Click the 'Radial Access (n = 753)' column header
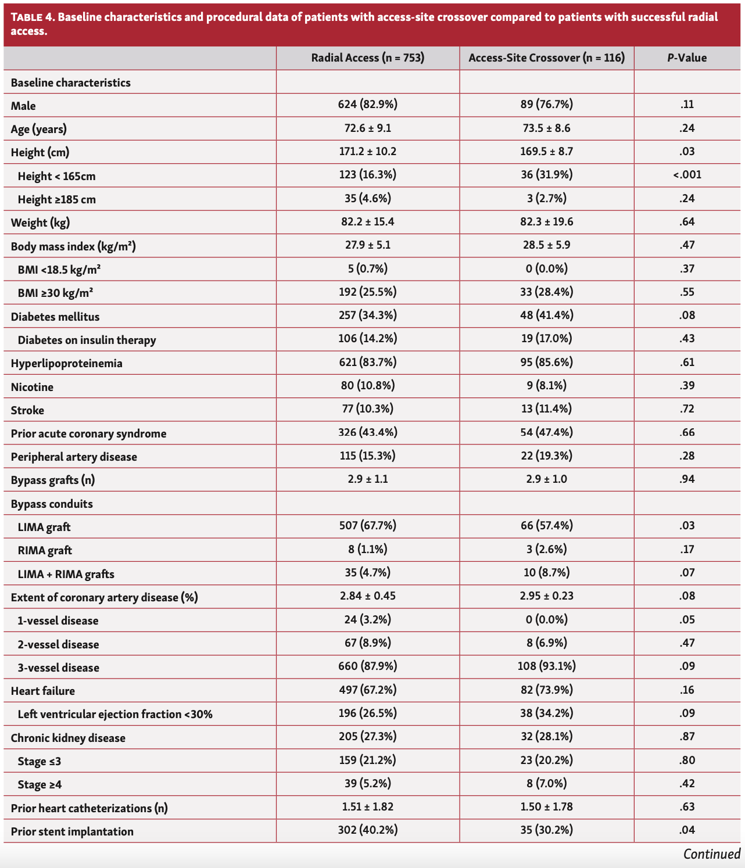(367, 58)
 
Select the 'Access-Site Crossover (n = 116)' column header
(546, 58)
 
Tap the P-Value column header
(687, 58)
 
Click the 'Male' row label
(23, 106)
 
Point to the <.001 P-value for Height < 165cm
(687, 174)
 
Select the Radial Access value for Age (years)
(367, 128)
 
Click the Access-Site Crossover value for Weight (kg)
(546, 221)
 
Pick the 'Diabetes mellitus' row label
(55, 317)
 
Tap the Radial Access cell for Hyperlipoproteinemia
(367, 362)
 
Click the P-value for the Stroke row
(687, 409)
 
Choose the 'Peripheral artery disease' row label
(74, 457)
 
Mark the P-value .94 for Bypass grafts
(687, 479)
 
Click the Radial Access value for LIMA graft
(367, 526)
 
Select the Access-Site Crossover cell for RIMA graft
(546, 549)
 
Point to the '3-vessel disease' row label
(58, 668)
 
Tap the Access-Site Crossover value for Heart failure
(546, 690)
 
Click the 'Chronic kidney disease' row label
(68, 738)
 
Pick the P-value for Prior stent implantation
(687, 830)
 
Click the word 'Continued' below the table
(711, 854)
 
